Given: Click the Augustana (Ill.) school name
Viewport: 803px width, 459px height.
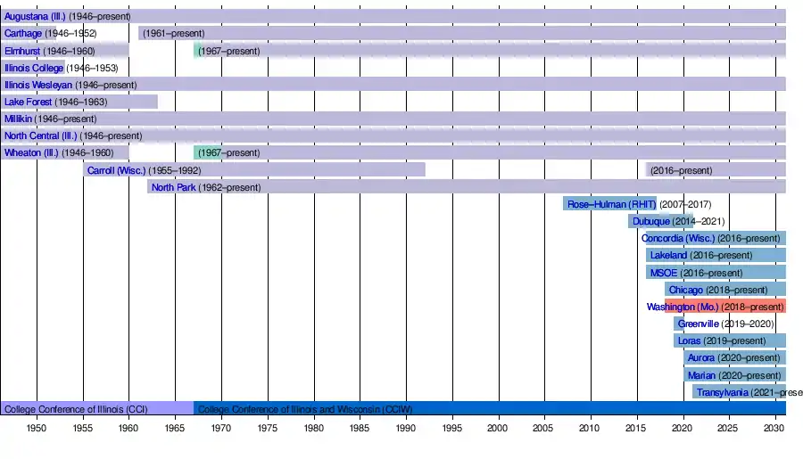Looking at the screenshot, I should pyautogui.click(x=35, y=16).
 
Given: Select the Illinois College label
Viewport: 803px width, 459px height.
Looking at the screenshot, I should pyautogui.click(x=34, y=68).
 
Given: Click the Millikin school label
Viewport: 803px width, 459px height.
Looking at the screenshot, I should pyautogui.click(x=18, y=119).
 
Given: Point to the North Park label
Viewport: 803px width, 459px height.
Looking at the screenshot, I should pyautogui.click(x=173, y=187).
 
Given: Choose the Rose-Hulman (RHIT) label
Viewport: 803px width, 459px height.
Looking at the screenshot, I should pyautogui.click(x=611, y=204).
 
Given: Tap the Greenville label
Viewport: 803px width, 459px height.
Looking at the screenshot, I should pyautogui.click(x=698, y=324).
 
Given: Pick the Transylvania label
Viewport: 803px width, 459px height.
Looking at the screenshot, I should pyautogui.click(x=722, y=392).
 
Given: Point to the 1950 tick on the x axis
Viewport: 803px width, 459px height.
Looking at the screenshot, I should pyautogui.click(x=37, y=429).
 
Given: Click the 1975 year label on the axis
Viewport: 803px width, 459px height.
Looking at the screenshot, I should pyautogui.click(x=267, y=429).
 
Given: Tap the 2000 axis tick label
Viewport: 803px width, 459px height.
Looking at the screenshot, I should pyautogui.click(x=498, y=429).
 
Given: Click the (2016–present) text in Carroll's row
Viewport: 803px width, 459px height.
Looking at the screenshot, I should pyautogui.click(x=682, y=170).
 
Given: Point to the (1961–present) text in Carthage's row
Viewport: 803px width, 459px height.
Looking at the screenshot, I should pyautogui.click(x=173, y=33).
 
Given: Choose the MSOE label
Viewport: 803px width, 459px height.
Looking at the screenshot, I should pyautogui.click(x=663, y=273).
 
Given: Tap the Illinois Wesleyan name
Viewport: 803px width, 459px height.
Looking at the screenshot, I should pyautogui.click(x=38, y=85).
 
